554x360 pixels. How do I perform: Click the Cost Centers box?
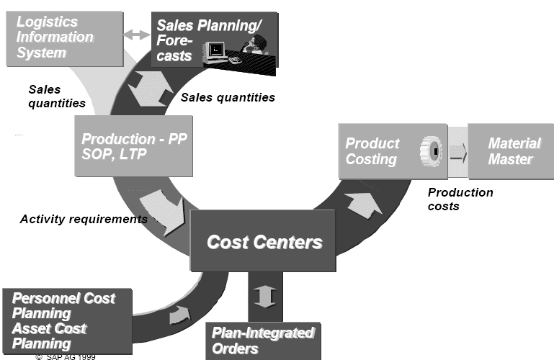click(263, 240)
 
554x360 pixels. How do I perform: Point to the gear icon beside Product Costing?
click(431, 151)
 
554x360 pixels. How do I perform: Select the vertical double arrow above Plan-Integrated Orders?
click(265, 296)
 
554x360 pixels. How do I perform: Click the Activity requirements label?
click(83, 219)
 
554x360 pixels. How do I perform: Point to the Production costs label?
click(460, 199)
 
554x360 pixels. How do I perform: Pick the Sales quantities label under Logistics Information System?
click(56, 96)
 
